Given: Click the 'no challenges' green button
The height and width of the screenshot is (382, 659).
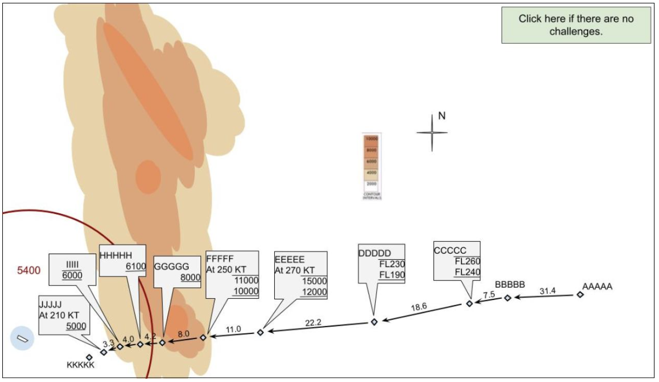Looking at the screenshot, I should click(x=576, y=25).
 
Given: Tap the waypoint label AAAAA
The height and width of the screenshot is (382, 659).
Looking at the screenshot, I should click(x=597, y=286).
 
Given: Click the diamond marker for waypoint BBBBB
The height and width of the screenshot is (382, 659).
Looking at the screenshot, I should click(x=508, y=298).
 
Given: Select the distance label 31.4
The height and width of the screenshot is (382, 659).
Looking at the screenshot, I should click(x=548, y=291).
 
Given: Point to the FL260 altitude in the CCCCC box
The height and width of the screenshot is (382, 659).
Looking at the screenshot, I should click(x=467, y=261).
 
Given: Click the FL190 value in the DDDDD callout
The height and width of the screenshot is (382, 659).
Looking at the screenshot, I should click(x=391, y=275).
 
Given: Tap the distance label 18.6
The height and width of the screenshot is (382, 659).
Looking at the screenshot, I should click(x=418, y=307).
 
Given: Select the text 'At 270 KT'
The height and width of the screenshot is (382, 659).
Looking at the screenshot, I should click(x=294, y=270).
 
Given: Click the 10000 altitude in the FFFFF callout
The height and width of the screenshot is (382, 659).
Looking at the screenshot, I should click(x=246, y=291).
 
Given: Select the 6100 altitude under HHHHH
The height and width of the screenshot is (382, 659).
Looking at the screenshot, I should click(x=132, y=266).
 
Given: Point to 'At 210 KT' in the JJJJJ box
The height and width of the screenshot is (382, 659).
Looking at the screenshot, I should click(x=59, y=315).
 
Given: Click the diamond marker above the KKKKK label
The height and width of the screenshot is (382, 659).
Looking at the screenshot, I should click(x=89, y=357).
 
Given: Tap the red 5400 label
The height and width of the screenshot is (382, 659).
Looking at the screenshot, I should click(x=29, y=271).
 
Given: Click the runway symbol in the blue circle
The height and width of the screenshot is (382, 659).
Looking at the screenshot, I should click(x=22, y=339).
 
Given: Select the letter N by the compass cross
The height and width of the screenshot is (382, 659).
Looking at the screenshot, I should click(x=441, y=116).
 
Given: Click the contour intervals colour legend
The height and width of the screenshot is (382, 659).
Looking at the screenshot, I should click(x=371, y=165).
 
